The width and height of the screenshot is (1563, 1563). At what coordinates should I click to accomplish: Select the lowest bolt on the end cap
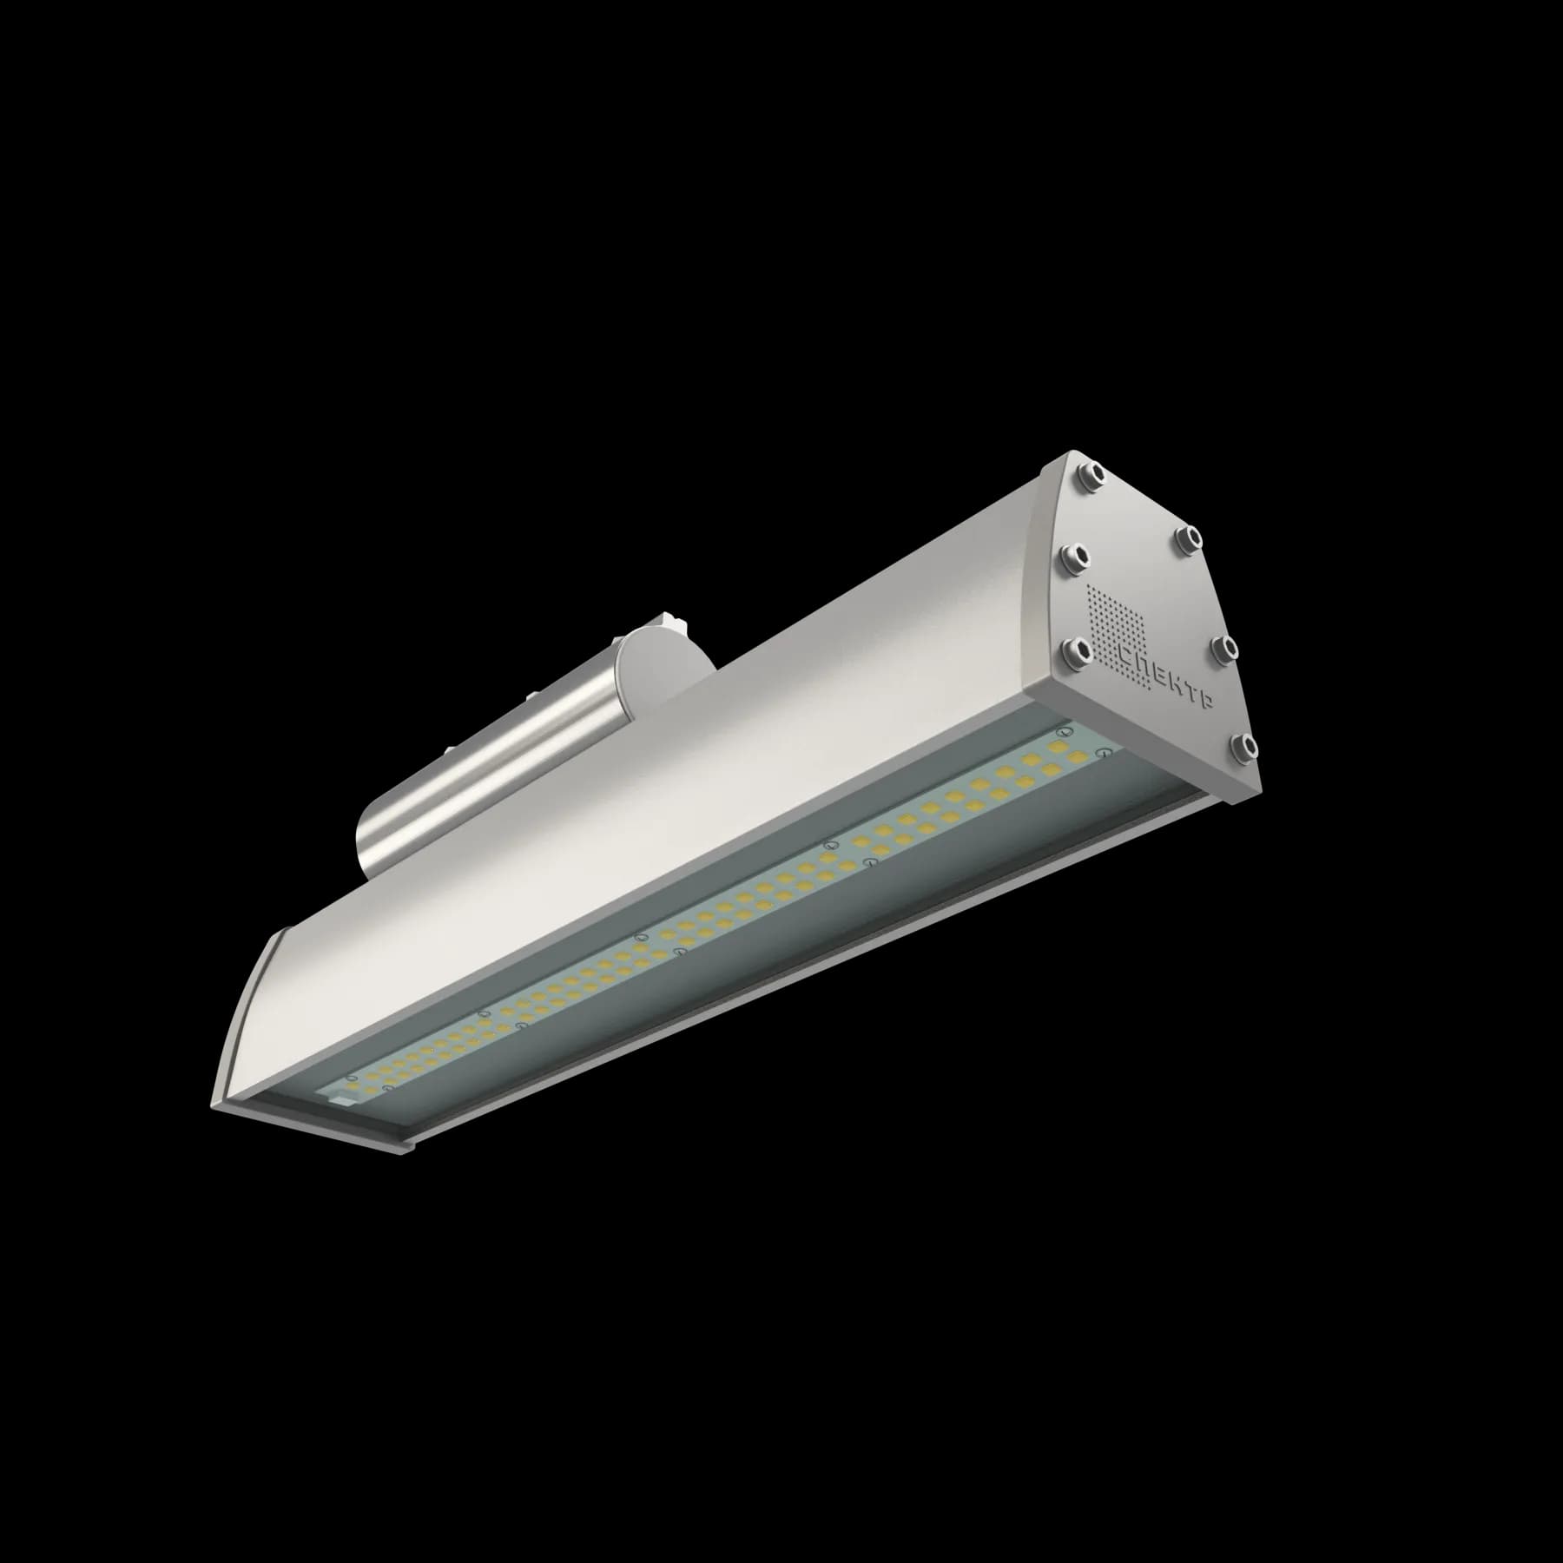tap(1244, 746)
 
